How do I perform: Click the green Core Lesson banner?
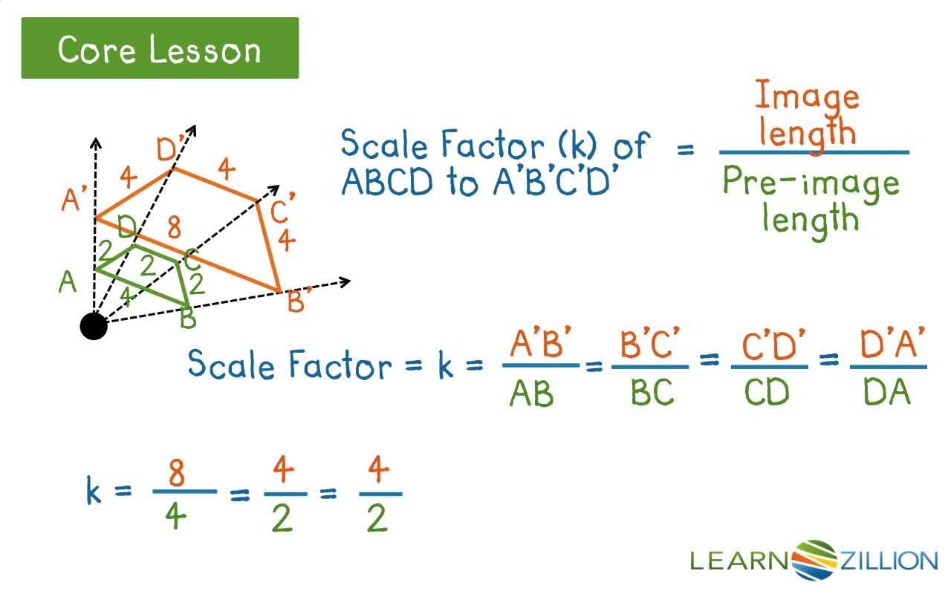(x=160, y=49)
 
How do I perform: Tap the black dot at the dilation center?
(x=94, y=325)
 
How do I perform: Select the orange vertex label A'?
(x=75, y=199)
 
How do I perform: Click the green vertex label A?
(x=68, y=282)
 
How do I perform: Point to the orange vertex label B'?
(x=297, y=301)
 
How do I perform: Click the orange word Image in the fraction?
(x=807, y=96)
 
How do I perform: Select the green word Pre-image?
(x=811, y=183)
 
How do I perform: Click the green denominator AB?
(x=532, y=394)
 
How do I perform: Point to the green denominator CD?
(x=766, y=394)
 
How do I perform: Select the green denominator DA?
(x=887, y=394)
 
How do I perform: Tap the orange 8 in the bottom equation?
(x=177, y=472)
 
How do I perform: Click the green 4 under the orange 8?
(x=175, y=518)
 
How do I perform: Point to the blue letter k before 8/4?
(x=94, y=492)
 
